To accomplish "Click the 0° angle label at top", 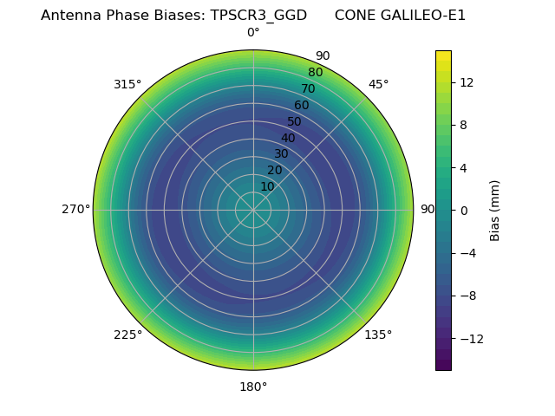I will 253,33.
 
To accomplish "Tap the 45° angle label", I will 378,84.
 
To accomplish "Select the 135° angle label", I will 378,335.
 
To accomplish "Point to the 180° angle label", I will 253,387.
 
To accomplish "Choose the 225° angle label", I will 127,335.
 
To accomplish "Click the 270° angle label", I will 75,209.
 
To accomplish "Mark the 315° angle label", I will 127,84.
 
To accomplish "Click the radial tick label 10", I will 267,186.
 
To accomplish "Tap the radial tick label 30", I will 281,154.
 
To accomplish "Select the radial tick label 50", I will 295,121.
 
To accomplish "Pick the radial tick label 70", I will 309,88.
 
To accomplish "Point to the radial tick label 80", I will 316,72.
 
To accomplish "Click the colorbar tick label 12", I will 466,82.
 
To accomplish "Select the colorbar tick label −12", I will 472,338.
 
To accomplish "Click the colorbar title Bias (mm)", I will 495,210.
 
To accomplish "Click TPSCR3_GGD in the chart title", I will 258,16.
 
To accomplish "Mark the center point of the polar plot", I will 253,210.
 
